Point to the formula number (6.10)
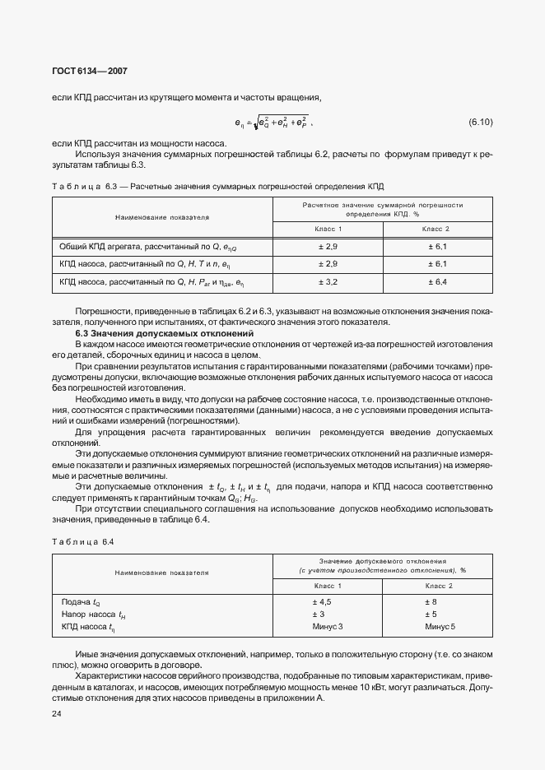pyautogui.click(x=480, y=123)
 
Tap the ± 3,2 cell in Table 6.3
pyautogui.click(x=329, y=281)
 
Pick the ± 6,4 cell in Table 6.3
pyautogui.click(x=436, y=281)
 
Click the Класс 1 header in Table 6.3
pyautogui.click(x=329, y=228)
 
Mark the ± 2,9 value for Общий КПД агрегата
pyautogui.click(x=329, y=246)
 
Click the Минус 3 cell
pyautogui.click(x=327, y=627)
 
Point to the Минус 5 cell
pyautogui.click(x=440, y=627)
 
